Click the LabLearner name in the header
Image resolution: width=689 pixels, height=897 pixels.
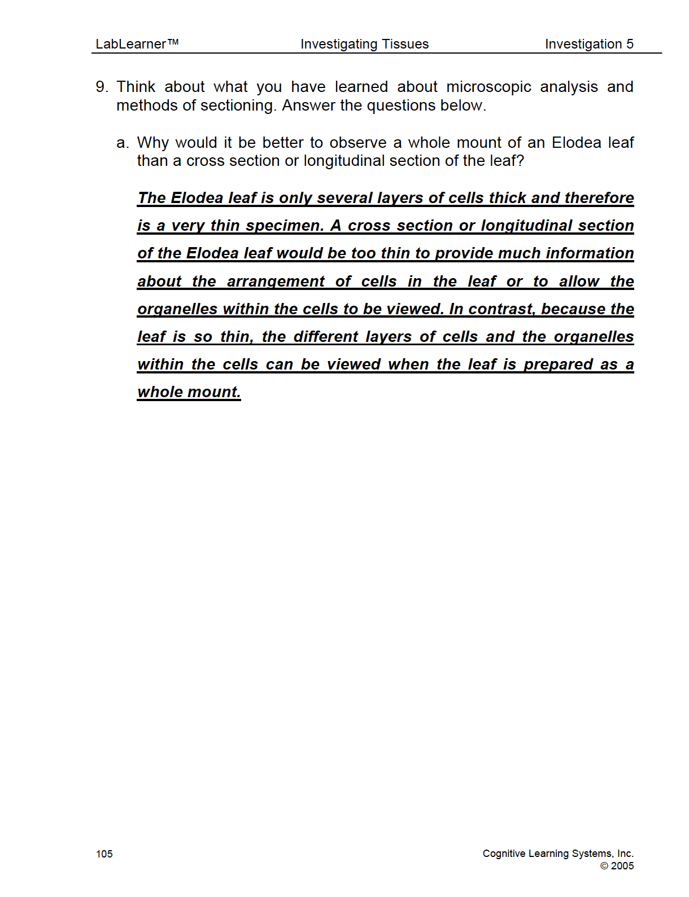tap(131, 44)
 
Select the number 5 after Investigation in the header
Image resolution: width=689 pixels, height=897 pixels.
tap(630, 44)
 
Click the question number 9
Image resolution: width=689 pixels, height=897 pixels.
tap(101, 87)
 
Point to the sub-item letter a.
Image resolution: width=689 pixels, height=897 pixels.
tap(121, 143)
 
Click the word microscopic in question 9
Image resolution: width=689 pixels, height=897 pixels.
tap(489, 87)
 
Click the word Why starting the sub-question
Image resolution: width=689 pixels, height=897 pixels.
tap(152, 143)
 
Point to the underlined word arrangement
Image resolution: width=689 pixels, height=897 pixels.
tap(276, 282)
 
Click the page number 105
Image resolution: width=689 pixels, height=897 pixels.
tap(104, 854)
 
